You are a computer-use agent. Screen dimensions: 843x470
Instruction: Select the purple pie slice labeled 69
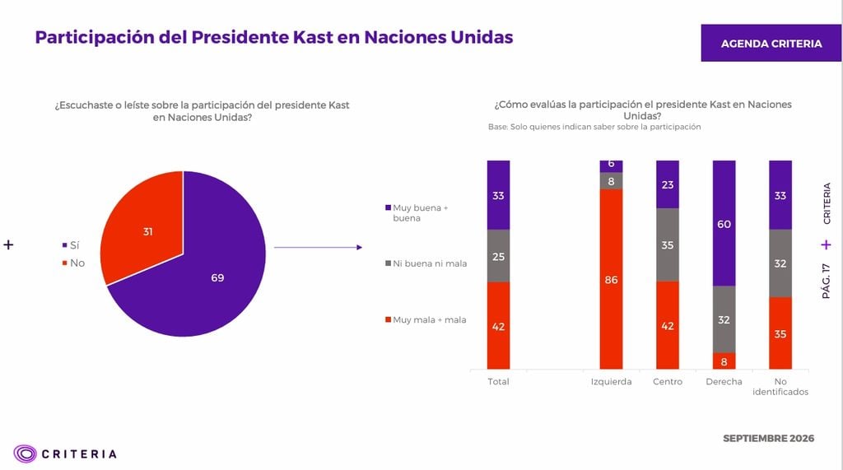204,274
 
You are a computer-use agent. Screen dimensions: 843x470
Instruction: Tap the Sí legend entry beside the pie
71,245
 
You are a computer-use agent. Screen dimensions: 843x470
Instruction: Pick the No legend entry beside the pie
73,263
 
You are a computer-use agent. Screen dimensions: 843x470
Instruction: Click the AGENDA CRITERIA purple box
771,43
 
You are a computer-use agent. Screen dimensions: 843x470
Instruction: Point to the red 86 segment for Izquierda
612,279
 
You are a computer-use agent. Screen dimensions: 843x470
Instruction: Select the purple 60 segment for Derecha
724,223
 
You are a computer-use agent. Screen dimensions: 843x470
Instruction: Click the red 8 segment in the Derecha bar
724,361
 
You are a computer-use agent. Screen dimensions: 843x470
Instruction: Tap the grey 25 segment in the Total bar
498,256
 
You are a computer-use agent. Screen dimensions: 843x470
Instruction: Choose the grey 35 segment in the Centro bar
667,244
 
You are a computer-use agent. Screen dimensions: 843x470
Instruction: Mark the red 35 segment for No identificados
780,333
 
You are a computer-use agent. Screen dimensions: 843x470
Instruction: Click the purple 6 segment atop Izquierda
612,166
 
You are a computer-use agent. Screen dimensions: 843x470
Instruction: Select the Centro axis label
667,381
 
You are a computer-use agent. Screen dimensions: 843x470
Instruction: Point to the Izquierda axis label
612,381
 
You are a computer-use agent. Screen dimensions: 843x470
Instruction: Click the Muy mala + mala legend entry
426,319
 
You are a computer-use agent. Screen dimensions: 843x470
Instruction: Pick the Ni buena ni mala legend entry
426,263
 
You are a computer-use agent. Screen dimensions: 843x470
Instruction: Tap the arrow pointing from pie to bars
319,248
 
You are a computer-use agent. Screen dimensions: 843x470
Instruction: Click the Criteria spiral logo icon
25,454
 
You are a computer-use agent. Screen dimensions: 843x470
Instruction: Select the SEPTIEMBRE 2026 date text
768,438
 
